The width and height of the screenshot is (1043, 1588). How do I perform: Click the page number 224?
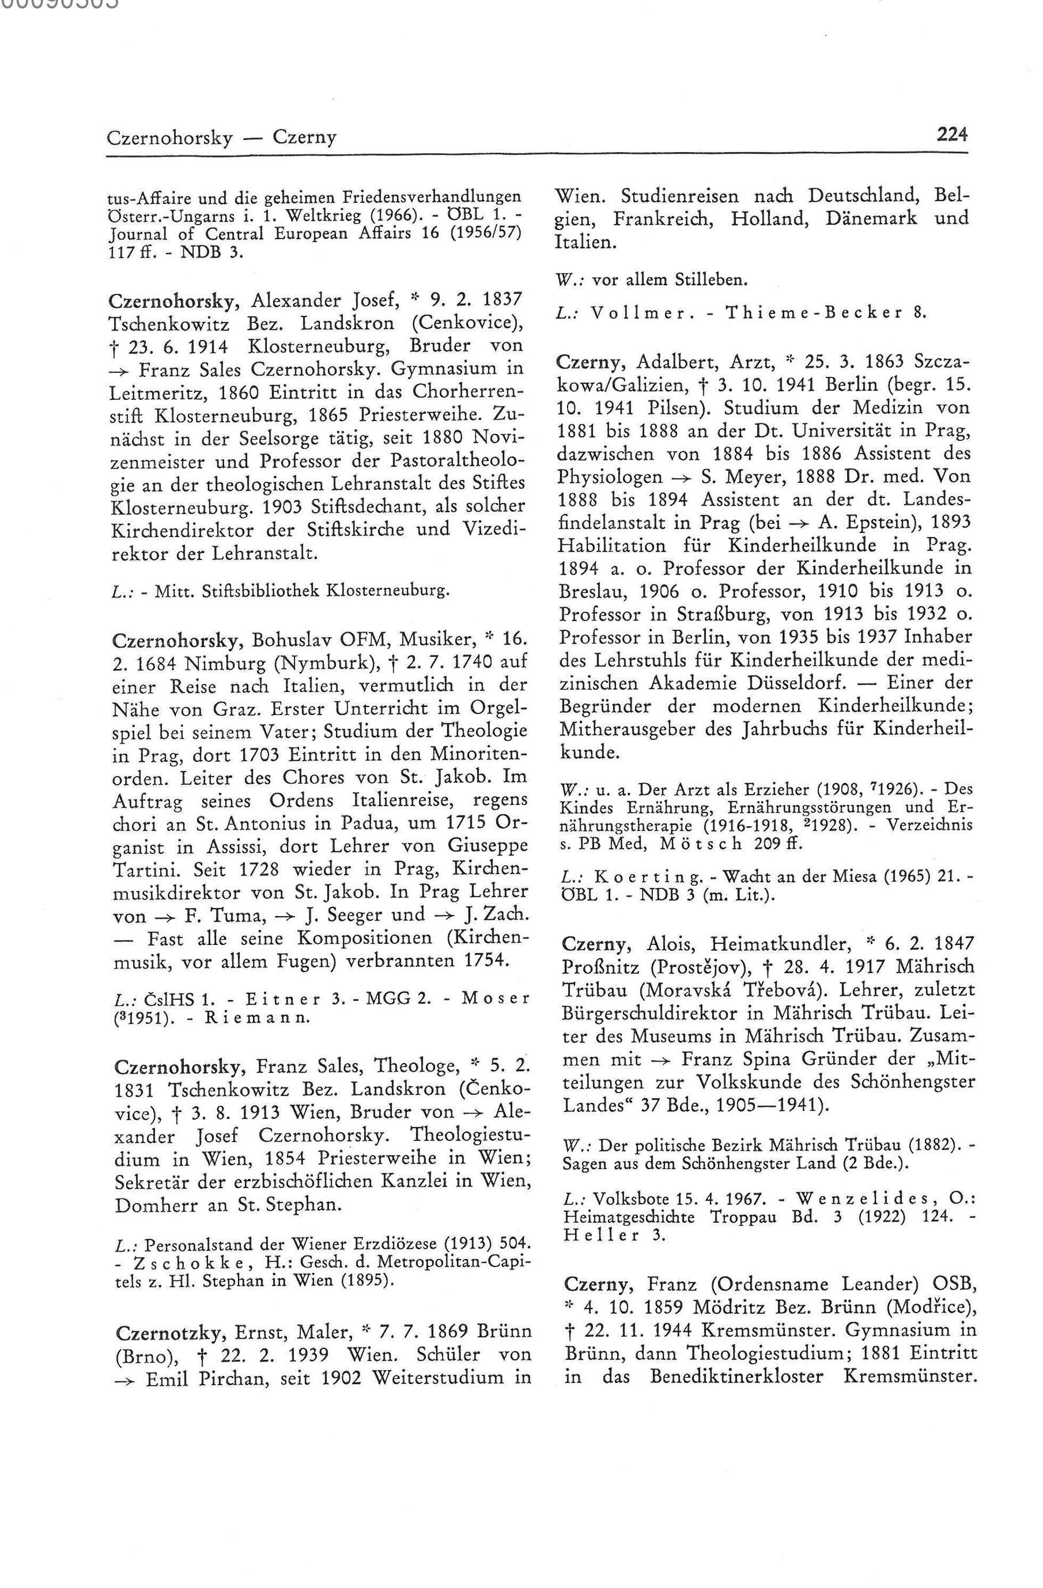[x=951, y=135]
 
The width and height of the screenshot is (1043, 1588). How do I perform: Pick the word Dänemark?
[x=870, y=218]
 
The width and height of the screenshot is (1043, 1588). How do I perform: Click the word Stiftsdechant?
[x=349, y=506]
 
